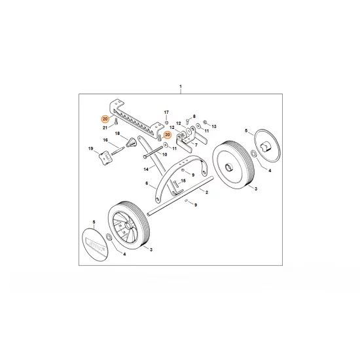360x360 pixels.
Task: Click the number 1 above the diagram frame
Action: click(180, 87)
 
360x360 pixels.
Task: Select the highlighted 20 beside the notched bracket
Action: click(105, 119)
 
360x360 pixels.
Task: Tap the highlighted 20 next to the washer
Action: click(167, 135)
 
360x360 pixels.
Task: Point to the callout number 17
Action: click(166, 113)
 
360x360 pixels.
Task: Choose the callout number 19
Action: click(90, 149)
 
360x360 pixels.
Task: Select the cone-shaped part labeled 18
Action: click(132, 144)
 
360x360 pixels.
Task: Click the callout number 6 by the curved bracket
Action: click(147, 184)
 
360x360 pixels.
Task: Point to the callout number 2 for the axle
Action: click(206, 192)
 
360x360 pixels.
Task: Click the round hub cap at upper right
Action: click(266, 145)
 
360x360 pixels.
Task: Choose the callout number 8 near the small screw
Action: click(193, 115)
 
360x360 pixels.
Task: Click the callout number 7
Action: click(196, 145)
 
